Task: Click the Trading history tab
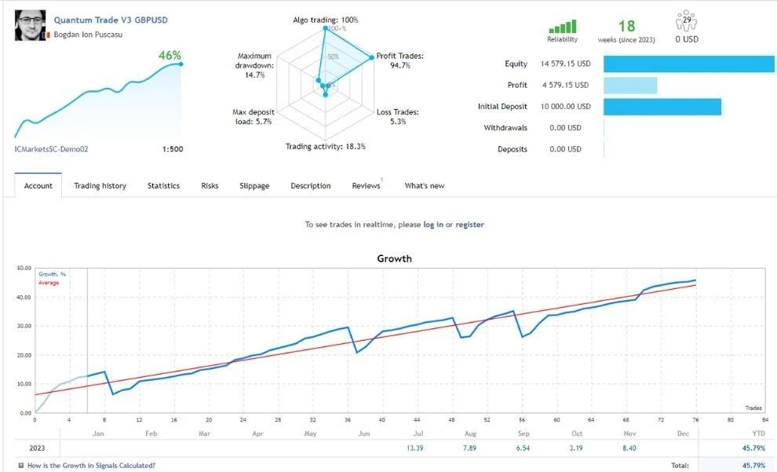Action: click(x=100, y=186)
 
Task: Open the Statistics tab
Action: click(x=163, y=186)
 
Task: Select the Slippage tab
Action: click(x=254, y=186)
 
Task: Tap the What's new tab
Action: click(x=425, y=186)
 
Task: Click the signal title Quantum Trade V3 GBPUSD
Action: click(x=111, y=20)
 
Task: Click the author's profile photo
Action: click(x=31, y=25)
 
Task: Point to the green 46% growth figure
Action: click(x=170, y=55)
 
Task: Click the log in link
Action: click(x=433, y=225)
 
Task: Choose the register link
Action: click(x=469, y=225)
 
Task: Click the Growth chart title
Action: click(x=395, y=258)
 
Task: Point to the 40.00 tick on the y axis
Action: click(x=24, y=298)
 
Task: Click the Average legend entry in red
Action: click(x=49, y=283)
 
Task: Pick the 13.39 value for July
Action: click(x=414, y=448)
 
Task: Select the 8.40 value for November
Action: click(x=629, y=448)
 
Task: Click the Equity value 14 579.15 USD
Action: click(x=565, y=64)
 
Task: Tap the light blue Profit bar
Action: click(x=630, y=86)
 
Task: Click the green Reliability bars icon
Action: click(x=563, y=26)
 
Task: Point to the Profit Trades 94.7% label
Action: click(x=400, y=60)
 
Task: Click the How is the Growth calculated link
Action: click(x=91, y=466)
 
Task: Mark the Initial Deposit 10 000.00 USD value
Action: click(x=565, y=107)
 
